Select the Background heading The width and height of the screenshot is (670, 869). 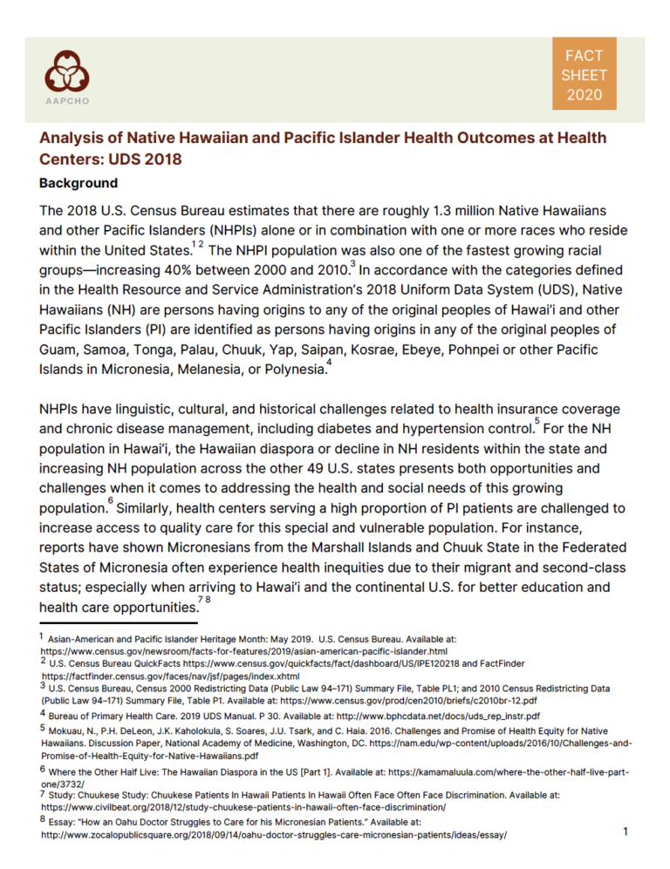click(x=79, y=184)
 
